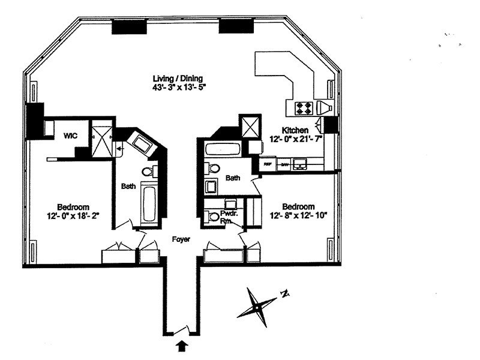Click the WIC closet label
pyautogui.click(x=71, y=136)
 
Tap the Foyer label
pyautogui.click(x=181, y=239)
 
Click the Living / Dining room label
pyautogui.click(x=178, y=78)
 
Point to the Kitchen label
pyautogui.click(x=296, y=130)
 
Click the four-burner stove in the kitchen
pyautogui.click(x=303, y=108)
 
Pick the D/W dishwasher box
pyautogui.click(x=284, y=163)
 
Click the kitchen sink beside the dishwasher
pyautogui.click(x=299, y=163)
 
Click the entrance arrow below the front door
pyautogui.click(x=182, y=345)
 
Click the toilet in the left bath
pyautogui.click(x=147, y=172)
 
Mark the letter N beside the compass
pyautogui.click(x=286, y=294)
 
